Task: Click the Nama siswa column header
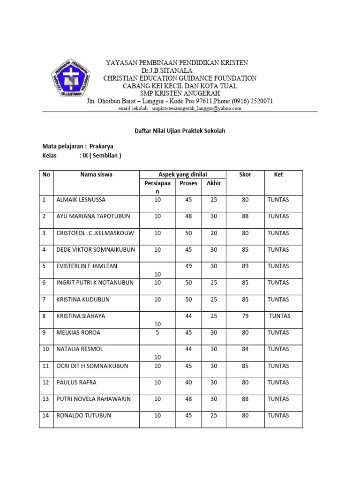[96, 174]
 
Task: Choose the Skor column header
[245, 174]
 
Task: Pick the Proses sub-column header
[188, 183]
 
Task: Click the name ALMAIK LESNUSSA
[81, 200]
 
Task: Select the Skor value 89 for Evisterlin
[245, 266]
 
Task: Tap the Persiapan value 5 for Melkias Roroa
[157, 333]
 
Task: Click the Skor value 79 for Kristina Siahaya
[245, 316]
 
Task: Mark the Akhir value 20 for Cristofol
[214, 233]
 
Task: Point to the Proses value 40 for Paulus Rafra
[188, 382]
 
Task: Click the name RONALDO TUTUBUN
[83, 415]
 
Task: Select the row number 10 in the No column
[46, 349]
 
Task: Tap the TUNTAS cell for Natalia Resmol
[278, 349]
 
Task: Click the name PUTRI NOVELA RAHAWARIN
[93, 399]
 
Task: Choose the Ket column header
[278, 174]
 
